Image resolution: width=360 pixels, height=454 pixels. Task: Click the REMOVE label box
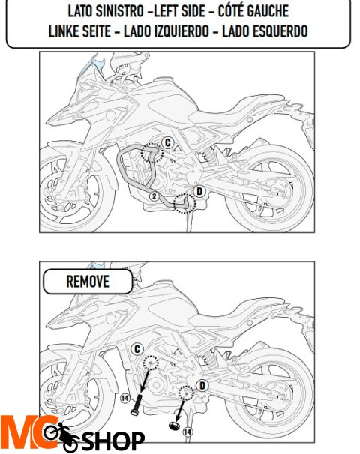(x=88, y=282)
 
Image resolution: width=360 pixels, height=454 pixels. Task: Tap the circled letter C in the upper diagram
(x=168, y=142)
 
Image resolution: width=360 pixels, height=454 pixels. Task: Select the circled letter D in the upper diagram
(x=199, y=191)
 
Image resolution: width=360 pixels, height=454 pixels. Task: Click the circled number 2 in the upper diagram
(x=154, y=196)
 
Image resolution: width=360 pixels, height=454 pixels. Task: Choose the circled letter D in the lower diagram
(x=201, y=385)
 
